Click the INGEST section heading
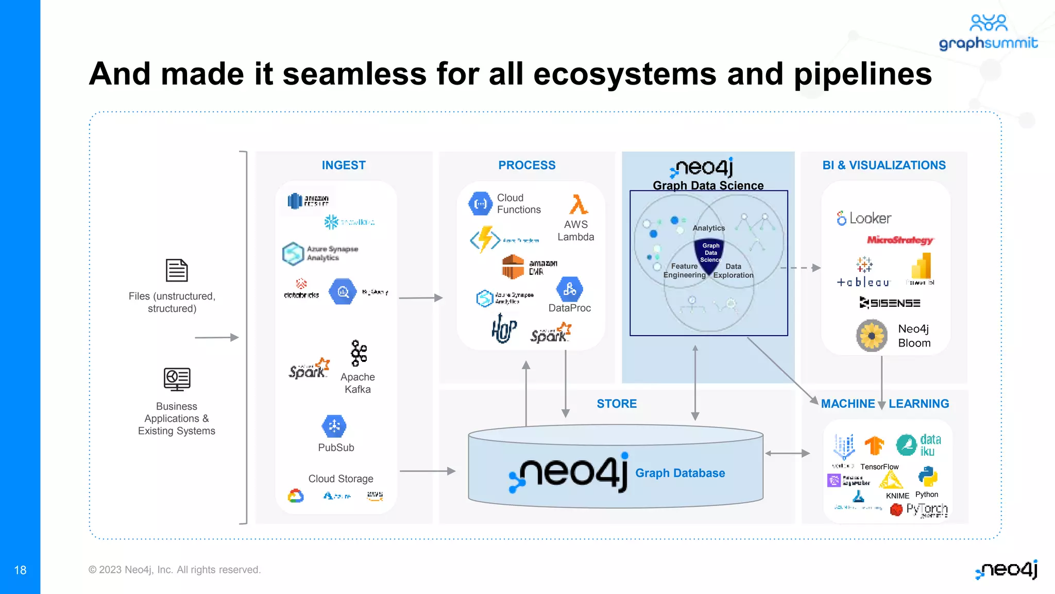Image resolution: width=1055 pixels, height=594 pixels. coord(344,166)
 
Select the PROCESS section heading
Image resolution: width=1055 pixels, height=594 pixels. coord(526,166)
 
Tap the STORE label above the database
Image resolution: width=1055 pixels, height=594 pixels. coord(617,404)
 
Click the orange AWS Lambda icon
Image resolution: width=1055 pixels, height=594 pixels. coord(578,205)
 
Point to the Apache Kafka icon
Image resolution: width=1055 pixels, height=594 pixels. coord(359,353)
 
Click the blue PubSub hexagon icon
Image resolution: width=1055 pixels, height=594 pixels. coord(334,426)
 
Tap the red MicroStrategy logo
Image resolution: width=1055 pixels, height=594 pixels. coord(899,240)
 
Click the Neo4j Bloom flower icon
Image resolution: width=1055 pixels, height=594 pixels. coord(872,336)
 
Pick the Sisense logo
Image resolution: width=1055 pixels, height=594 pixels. coord(890,303)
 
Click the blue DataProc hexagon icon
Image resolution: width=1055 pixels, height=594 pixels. coord(570,289)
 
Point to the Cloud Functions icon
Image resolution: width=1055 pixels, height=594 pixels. coord(481,204)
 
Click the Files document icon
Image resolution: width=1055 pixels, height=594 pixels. coord(177,270)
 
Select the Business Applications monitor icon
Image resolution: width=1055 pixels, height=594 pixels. coord(177,379)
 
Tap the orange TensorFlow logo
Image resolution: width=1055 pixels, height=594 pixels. coord(874,445)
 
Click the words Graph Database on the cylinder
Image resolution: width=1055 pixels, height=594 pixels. coord(680,473)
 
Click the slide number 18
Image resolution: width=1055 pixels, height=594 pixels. coord(20,570)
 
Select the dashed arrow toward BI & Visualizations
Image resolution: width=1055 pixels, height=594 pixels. coord(801,268)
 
